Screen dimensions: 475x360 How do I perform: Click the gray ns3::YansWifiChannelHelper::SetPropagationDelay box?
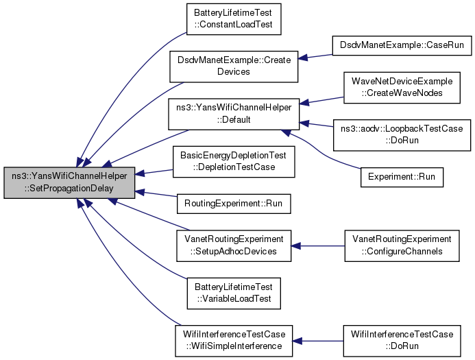[x=69, y=182]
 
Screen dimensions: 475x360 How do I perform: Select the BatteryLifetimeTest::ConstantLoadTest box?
[x=234, y=19]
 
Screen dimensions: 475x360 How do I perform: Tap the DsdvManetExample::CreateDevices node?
[x=234, y=67]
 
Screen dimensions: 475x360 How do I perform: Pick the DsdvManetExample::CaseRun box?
[x=402, y=46]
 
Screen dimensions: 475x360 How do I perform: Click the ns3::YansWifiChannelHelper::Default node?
[x=234, y=115]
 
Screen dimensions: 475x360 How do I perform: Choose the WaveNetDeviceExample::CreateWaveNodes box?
[x=402, y=88]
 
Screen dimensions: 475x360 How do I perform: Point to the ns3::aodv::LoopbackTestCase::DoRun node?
[x=402, y=135]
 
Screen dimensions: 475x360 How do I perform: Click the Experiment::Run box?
[x=402, y=178]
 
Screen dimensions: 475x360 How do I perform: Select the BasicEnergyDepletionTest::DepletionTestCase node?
[x=234, y=162]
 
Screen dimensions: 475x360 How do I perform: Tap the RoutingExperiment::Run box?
[x=234, y=204]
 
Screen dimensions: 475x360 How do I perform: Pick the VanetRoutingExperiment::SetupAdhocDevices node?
[x=234, y=245]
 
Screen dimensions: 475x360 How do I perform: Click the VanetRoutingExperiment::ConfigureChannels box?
[x=402, y=245]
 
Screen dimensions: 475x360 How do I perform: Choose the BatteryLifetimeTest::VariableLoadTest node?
[x=234, y=293]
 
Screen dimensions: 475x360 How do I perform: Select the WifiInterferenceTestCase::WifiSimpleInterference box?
[x=234, y=341]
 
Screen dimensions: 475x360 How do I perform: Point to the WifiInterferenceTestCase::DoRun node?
[x=402, y=341]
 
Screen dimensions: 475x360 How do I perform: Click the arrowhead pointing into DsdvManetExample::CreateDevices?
[x=303, y=58]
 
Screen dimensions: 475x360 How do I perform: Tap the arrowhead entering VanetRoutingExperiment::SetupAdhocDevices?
[x=295, y=245]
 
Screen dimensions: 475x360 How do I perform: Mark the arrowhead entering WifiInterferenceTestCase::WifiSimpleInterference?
[x=297, y=341]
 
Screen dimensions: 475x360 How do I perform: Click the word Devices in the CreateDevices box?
[x=234, y=72]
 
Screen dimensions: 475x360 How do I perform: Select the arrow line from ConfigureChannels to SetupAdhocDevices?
[x=318, y=245]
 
